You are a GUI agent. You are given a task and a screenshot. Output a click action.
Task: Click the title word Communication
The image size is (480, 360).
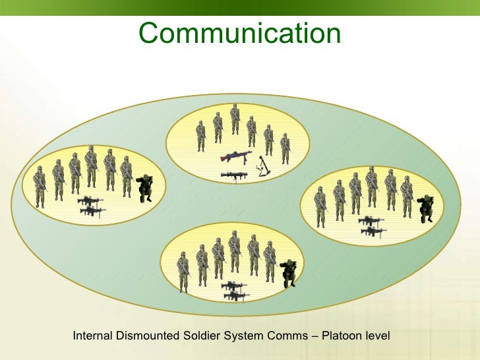(239, 33)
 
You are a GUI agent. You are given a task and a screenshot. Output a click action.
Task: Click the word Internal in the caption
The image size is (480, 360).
(92, 336)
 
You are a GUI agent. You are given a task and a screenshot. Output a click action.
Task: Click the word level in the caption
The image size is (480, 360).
(378, 336)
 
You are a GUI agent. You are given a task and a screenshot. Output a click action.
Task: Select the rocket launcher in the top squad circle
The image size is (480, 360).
(234, 175)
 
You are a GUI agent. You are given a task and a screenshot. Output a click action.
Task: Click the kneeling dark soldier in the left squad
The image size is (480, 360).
(145, 187)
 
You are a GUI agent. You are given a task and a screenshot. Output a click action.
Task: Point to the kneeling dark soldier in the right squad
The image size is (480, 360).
(426, 208)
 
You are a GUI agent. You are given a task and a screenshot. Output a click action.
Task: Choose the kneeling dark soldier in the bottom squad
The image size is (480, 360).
(287, 273)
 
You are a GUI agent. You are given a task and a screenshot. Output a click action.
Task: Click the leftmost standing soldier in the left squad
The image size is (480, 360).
(40, 186)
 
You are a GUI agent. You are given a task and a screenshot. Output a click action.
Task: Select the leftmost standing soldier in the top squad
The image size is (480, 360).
(200, 136)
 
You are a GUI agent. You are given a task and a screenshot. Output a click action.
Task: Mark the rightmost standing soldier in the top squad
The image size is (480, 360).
(285, 148)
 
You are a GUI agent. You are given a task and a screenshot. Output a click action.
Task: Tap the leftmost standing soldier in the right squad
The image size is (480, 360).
(320, 206)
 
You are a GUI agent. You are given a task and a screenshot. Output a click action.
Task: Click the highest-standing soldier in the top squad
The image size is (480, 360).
(235, 119)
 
